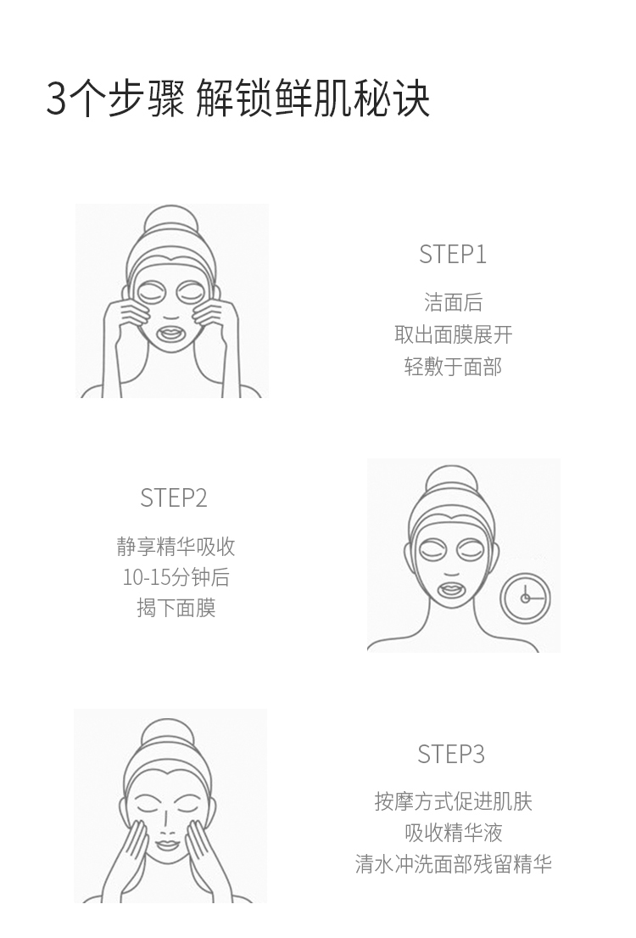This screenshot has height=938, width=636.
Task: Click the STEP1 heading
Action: (453, 255)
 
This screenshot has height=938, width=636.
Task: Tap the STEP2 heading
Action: (173, 497)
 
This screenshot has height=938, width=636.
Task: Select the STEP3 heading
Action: (450, 754)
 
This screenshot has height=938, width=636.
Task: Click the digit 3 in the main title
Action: (56, 99)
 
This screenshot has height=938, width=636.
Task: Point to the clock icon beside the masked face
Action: (525, 598)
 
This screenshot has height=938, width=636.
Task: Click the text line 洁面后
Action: (453, 302)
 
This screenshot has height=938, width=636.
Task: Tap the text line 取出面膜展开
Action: (453, 334)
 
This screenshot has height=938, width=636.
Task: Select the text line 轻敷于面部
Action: (453, 367)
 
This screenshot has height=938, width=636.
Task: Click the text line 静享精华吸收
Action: (176, 546)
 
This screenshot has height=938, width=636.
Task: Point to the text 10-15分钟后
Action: (176, 577)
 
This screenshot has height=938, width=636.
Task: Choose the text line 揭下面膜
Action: (176, 609)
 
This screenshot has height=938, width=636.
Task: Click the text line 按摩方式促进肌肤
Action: (453, 801)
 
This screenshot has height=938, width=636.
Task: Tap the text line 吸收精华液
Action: (453, 833)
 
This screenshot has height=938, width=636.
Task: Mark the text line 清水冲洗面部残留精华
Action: (453, 864)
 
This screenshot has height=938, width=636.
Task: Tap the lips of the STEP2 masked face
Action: (452, 592)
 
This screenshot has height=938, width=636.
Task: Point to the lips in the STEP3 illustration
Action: (168, 845)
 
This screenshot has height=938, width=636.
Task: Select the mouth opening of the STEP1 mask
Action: (171, 334)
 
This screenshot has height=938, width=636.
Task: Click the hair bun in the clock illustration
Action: (452, 483)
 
